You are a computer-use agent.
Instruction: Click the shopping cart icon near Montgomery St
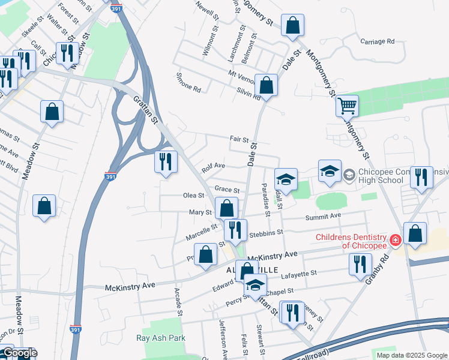point(346,107)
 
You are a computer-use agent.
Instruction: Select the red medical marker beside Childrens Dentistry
point(395,241)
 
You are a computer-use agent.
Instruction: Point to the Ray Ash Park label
point(160,338)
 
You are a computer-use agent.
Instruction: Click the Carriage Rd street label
point(377,41)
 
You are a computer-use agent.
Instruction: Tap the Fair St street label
point(239,139)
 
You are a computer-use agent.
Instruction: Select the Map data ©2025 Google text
point(411,355)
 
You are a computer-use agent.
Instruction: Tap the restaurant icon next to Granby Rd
point(359,264)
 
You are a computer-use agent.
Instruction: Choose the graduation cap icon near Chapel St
point(255,285)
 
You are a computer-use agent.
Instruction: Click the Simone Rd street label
point(188,83)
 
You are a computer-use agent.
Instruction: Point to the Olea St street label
point(193,196)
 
